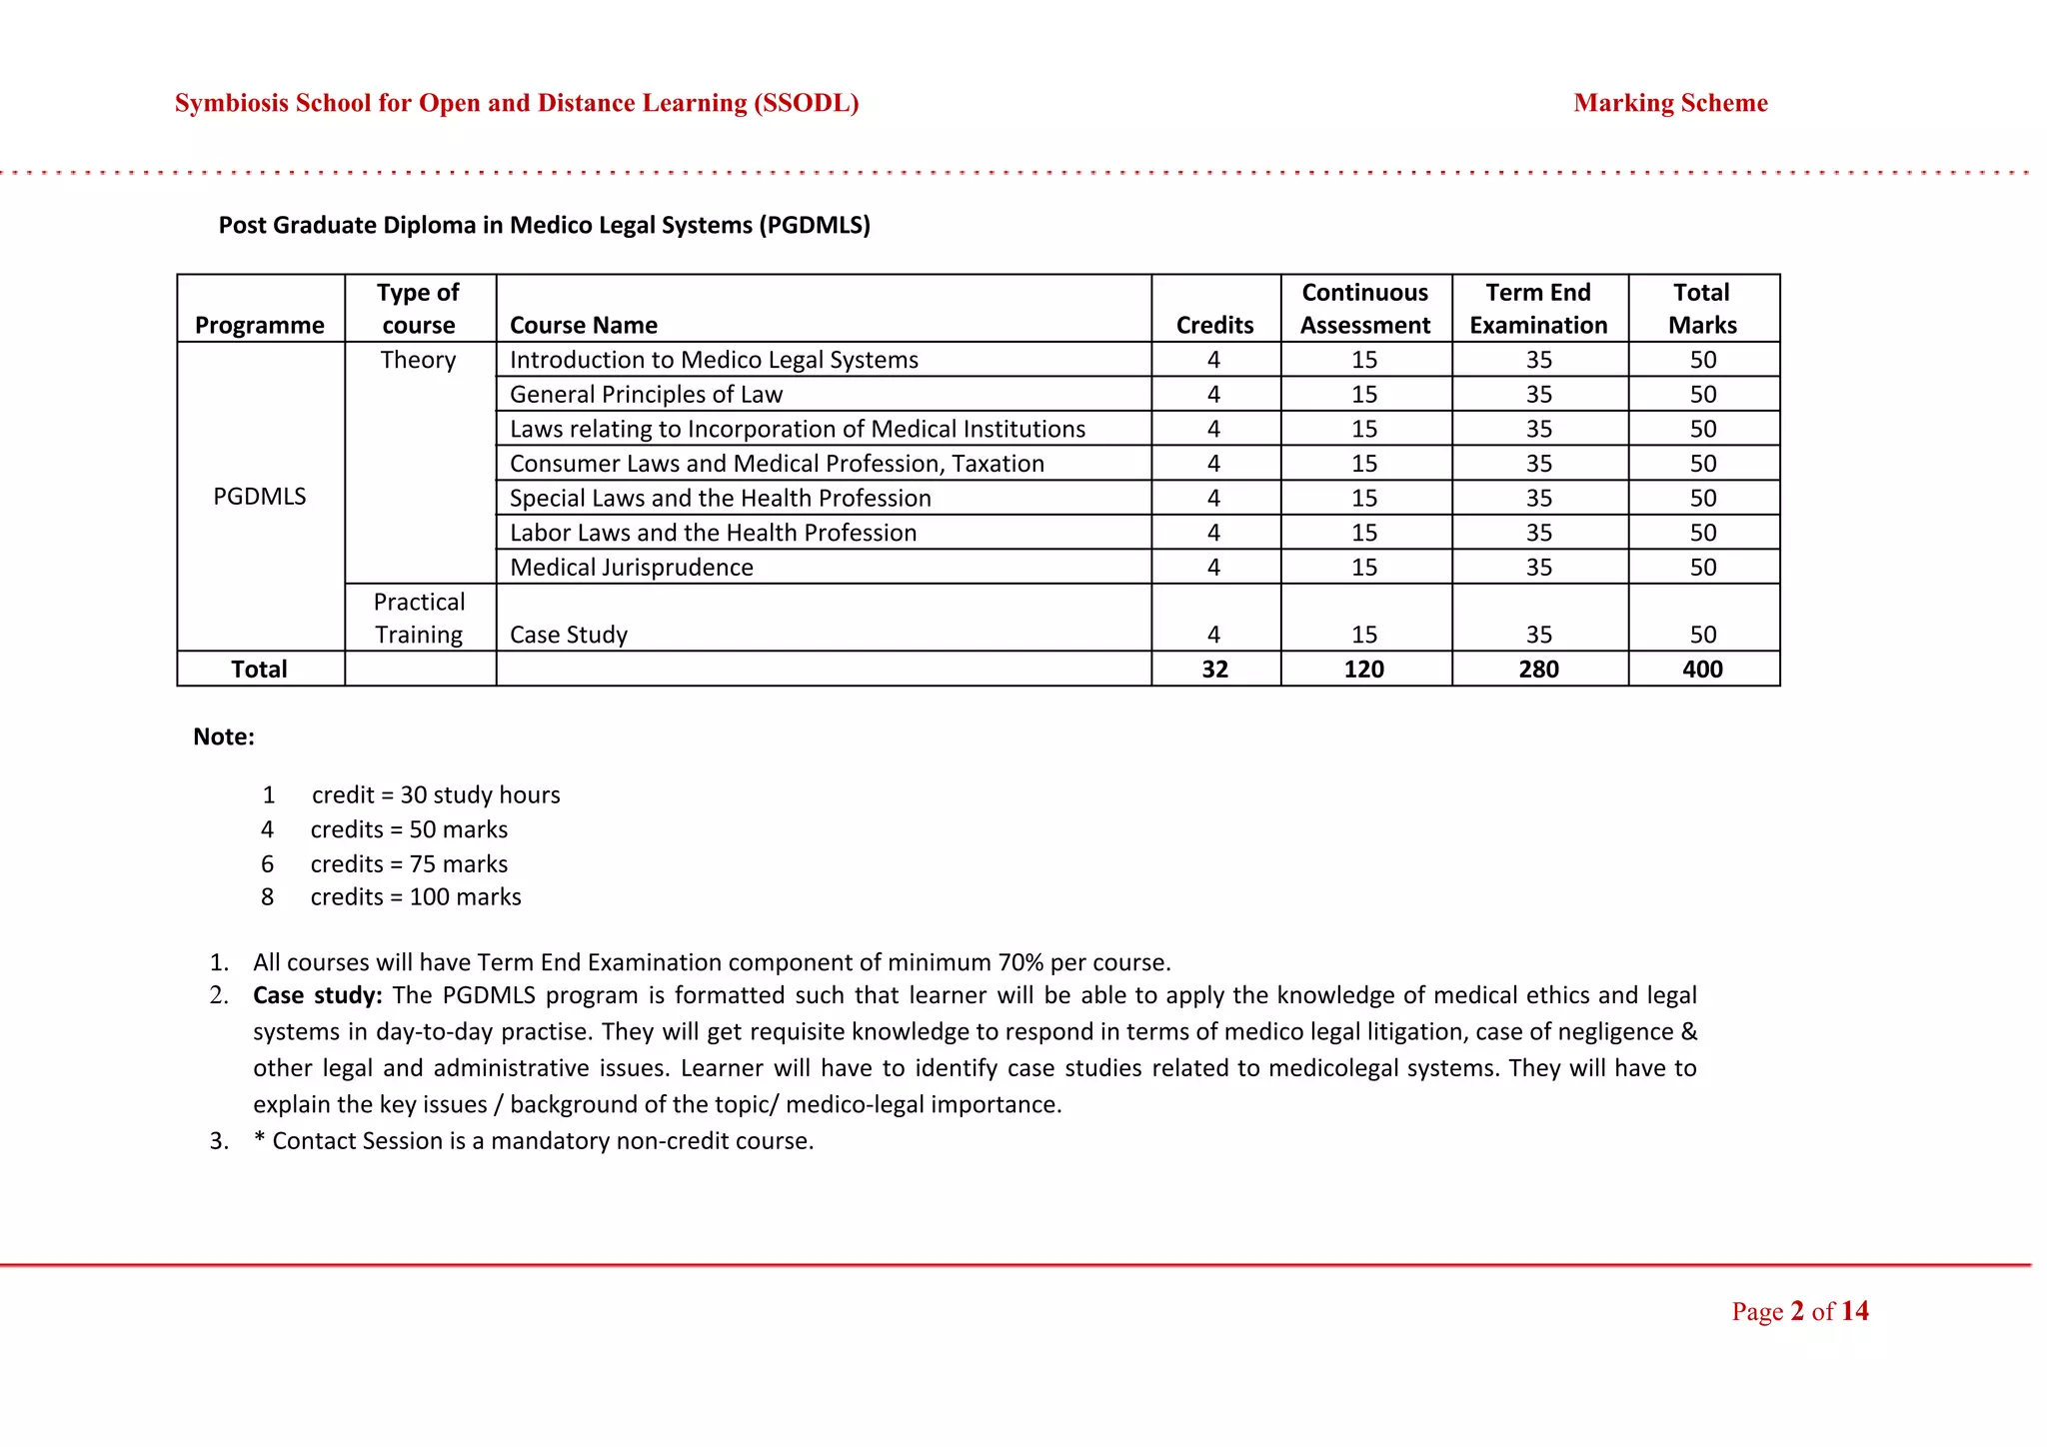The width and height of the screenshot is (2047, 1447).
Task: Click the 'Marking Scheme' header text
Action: pyautogui.click(x=1670, y=103)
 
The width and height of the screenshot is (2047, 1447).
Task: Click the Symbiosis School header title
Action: pyautogui.click(x=517, y=103)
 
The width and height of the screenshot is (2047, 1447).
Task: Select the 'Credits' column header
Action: pyautogui.click(x=1214, y=325)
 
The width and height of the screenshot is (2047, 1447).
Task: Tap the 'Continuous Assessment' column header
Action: pyautogui.click(x=1364, y=309)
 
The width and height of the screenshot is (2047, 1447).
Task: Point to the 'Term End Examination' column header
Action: pyautogui.click(x=1538, y=309)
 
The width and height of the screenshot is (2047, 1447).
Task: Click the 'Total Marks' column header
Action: pyautogui.click(x=1702, y=309)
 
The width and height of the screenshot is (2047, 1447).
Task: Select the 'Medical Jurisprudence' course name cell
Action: pyautogui.click(x=632, y=568)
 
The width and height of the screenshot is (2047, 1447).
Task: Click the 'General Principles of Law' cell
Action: pyautogui.click(x=646, y=395)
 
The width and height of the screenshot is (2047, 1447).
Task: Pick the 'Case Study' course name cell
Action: pyautogui.click(x=569, y=635)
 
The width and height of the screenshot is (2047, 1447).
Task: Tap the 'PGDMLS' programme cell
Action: pyautogui.click(x=260, y=497)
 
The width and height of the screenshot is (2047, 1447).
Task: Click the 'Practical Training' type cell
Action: pyautogui.click(x=419, y=619)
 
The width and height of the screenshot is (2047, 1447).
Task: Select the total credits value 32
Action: pyautogui.click(x=1214, y=670)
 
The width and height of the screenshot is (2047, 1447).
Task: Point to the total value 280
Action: pyautogui.click(x=1538, y=670)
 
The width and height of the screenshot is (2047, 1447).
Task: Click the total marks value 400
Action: pyautogui.click(x=1702, y=670)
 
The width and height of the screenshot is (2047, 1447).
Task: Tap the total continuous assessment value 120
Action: pyautogui.click(x=1364, y=670)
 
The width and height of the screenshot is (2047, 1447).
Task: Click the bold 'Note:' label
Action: pyautogui.click(x=224, y=737)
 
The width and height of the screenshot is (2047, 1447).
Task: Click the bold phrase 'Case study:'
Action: pyautogui.click(x=317, y=995)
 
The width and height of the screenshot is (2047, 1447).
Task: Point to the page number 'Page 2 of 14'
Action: pyautogui.click(x=1799, y=1311)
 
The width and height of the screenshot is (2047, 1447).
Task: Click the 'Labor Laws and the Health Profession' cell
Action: pyautogui.click(x=713, y=533)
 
